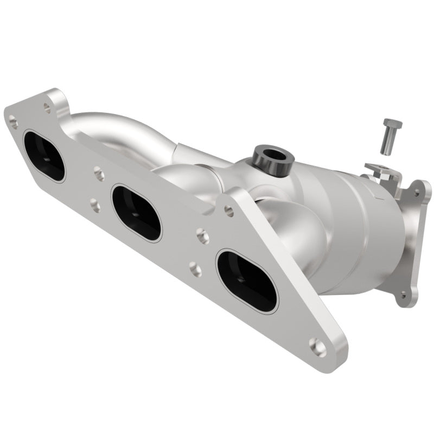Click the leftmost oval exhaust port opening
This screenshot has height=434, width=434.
coord(43,156)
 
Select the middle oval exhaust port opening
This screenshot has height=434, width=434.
coord(136,213)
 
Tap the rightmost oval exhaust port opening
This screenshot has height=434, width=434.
coord(247,280)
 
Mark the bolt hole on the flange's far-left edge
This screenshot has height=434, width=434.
coord(14,123)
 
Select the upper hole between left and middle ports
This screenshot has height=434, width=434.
coord(99,174)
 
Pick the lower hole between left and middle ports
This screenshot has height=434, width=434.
coord(94,206)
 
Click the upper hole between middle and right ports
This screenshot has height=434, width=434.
coord(202,235)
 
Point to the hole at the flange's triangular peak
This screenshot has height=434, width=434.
coord(229,210)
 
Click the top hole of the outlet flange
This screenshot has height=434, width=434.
coord(417,192)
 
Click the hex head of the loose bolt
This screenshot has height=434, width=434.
coord(392,124)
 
